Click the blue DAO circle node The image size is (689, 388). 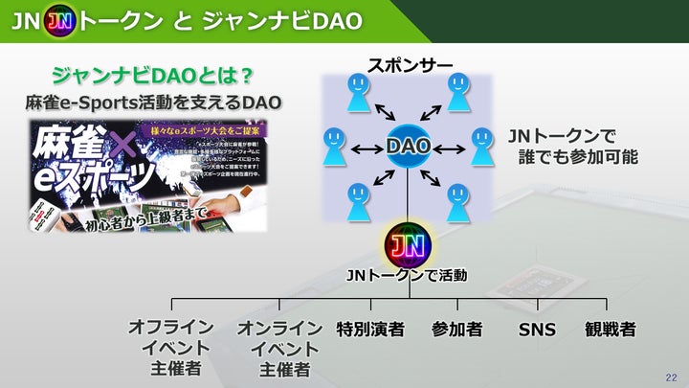[x=409, y=148]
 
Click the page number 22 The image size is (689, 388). [x=670, y=377]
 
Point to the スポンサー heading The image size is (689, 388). [x=410, y=66]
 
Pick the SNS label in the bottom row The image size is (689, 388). [x=537, y=329]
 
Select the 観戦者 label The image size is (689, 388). [x=610, y=329]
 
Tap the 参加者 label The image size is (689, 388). [x=456, y=329]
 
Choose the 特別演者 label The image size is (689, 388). [x=369, y=329]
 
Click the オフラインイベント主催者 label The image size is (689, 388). [x=169, y=347]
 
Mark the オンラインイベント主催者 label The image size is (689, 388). [x=279, y=348]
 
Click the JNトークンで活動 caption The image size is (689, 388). [x=407, y=276]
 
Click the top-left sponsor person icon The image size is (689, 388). [x=359, y=94]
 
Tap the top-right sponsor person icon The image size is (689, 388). [x=458, y=93]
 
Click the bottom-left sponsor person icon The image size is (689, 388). [x=359, y=200]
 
